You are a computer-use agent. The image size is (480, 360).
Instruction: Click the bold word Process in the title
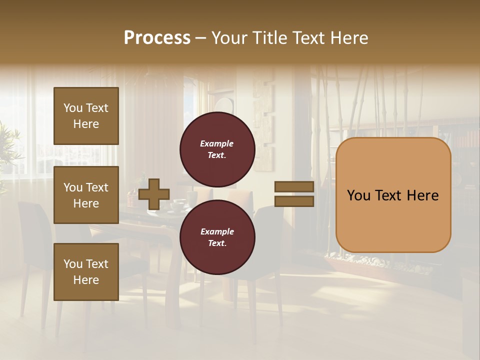(x=157, y=38)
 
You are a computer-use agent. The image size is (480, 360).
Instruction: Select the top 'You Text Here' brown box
(x=86, y=116)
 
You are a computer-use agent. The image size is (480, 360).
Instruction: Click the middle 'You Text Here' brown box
(x=86, y=195)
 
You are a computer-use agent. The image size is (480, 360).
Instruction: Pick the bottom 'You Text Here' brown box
(x=86, y=272)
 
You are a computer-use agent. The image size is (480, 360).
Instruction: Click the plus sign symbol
(x=154, y=194)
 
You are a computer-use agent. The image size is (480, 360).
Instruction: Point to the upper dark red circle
(x=217, y=149)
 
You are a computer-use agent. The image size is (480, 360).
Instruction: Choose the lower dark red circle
(x=217, y=237)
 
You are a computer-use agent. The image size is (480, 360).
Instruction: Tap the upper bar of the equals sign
(x=294, y=187)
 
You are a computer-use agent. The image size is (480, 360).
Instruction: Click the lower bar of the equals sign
(x=294, y=201)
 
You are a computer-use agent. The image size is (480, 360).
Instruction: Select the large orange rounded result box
(x=393, y=195)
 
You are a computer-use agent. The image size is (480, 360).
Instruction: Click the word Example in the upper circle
(x=217, y=144)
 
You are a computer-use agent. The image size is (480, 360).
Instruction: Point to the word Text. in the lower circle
(x=217, y=243)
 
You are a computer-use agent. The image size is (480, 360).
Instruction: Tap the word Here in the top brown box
(x=86, y=124)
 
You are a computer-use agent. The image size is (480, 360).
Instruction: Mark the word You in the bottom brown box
(x=73, y=264)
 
